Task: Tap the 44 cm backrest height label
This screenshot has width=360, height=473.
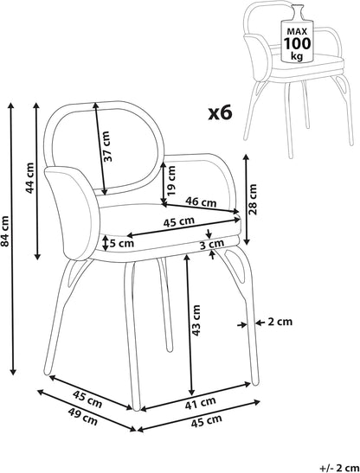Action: pos(30,178)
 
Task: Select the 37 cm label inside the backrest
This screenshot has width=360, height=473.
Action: pos(106,146)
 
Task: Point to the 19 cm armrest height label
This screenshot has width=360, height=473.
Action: pos(171,180)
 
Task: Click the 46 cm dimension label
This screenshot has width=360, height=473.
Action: pos(201,201)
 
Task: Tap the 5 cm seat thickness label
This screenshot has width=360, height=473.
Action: pos(121,243)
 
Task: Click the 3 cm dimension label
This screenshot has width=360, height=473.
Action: pos(212,244)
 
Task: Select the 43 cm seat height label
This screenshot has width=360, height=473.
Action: pos(196,320)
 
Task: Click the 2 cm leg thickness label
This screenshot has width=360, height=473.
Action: pos(280,323)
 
